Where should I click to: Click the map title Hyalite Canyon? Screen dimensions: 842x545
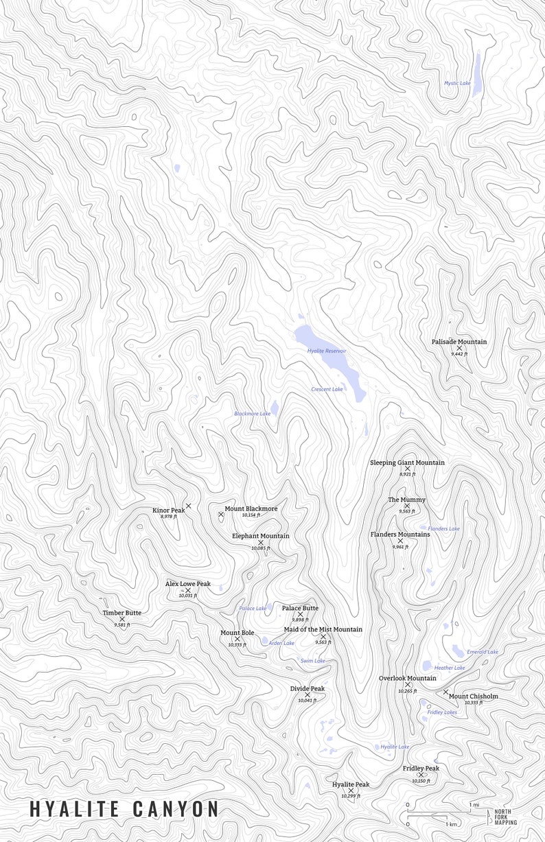click(x=124, y=809)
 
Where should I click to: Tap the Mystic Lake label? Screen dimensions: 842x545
click(x=457, y=83)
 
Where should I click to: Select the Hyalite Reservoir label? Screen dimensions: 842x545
click(x=327, y=351)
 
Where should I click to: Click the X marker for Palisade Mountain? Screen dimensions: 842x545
click(x=459, y=349)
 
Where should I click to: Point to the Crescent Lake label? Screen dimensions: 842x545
click(x=327, y=389)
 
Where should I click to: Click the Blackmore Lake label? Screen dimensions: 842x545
click(x=252, y=414)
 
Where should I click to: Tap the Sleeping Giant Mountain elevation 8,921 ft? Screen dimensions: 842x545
click(x=407, y=474)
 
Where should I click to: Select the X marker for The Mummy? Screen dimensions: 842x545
click(x=407, y=506)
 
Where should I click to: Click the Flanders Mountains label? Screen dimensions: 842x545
click(x=400, y=534)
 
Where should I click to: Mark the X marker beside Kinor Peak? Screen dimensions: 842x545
click(x=188, y=506)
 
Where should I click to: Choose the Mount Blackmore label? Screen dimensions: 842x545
click(x=251, y=508)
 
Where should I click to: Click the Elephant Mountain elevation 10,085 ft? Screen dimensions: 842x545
click(x=260, y=548)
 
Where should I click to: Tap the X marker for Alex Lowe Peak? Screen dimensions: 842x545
click(x=188, y=590)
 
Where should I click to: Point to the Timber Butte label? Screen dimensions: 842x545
click(x=122, y=613)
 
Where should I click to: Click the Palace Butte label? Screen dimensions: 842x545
click(x=300, y=608)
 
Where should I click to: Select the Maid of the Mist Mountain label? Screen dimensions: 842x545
click(x=323, y=629)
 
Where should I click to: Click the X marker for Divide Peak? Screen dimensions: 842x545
click(x=308, y=695)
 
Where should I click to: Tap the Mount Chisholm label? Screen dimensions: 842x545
click(x=474, y=697)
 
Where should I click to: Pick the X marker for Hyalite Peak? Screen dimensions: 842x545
click(x=351, y=791)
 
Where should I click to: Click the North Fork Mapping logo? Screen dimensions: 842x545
click(x=505, y=817)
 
